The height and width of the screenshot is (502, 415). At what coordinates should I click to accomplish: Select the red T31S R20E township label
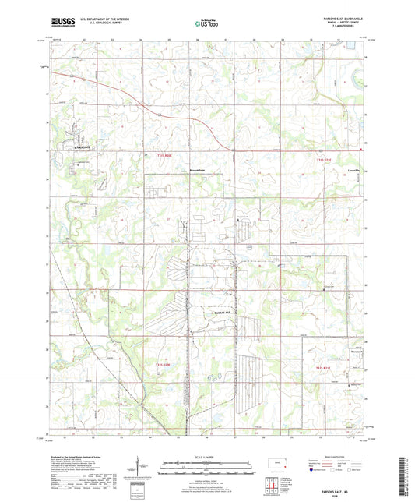[162, 156]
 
